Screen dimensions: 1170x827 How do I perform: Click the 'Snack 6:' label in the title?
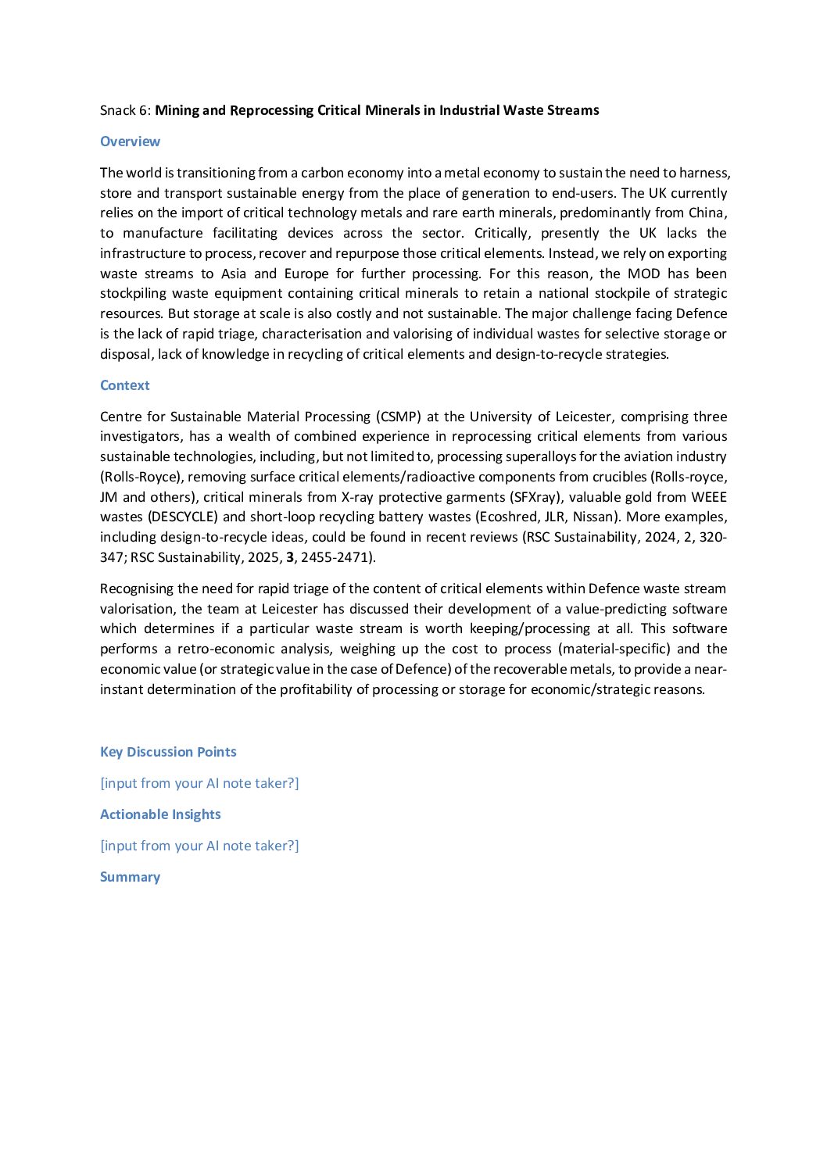click(x=125, y=110)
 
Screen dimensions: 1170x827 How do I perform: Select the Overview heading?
click(x=130, y=141)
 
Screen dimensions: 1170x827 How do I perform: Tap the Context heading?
click(x=124, y=385)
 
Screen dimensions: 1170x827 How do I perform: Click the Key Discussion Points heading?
click(x=168, y=752)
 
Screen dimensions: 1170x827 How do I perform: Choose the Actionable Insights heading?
click(x=160, y=814)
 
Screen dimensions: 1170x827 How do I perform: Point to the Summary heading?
click(x=130, y=877)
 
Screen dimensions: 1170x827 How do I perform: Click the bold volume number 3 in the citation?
click(x=290, y=557)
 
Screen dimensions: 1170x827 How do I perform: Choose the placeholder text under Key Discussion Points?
click(x=199, y=783)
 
